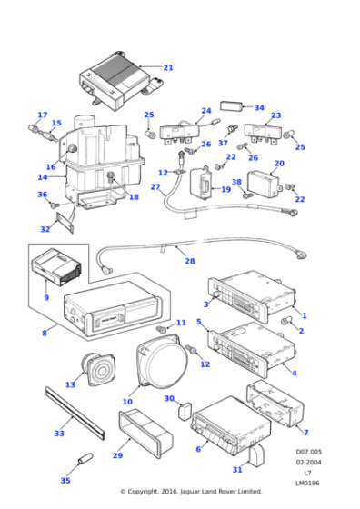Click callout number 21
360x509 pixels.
(167, 67)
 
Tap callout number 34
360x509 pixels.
(259, 107)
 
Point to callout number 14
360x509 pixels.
(43, 177)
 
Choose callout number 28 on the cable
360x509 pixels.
(189, 262)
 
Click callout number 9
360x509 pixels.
(45, 297)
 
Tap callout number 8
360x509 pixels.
(43, 334)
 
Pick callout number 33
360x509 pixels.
(59, 434)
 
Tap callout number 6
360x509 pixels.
(198, 449)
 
